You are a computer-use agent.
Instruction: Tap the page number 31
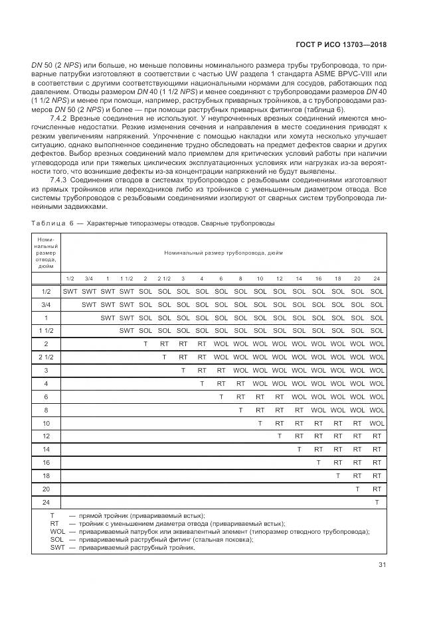pos(381,565)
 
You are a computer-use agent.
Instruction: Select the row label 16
pos(46,462)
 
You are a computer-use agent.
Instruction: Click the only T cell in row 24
pos(377,502)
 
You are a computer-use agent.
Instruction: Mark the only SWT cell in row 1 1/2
pos(126,330)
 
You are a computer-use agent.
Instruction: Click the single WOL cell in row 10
pos(377,422)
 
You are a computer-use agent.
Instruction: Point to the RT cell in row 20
pos(377,488)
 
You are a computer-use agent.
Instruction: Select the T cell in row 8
pos(240,409)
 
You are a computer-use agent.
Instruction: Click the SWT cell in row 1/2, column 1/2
pos(70,291)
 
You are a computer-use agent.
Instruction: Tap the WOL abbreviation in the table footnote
pos(58,531)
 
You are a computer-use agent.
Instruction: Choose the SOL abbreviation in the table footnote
pos(57,539)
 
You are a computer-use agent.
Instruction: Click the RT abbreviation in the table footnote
pos(54,523)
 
